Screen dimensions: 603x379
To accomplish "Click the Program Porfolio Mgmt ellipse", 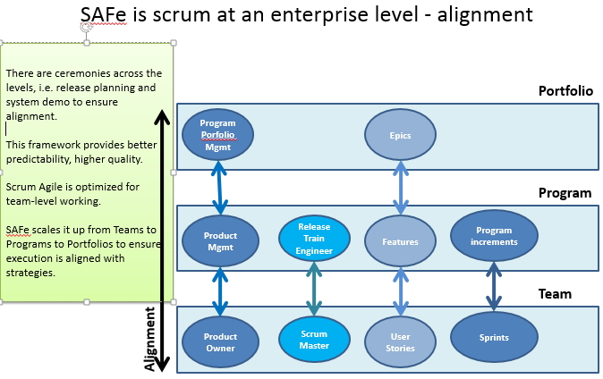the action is (217, 135).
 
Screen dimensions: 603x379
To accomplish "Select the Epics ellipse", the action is (400, 135).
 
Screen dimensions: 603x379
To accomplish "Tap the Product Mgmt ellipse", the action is (220, 241).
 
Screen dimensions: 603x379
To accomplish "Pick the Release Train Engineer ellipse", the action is (314, 238).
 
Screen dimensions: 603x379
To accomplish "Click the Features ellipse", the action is (400, 241).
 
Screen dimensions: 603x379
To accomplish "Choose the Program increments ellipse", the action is (494, 236).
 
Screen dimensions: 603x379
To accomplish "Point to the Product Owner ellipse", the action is (220, 341).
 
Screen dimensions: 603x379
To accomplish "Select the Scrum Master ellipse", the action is (314, 340).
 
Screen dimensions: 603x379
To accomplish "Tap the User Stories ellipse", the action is (400, 341).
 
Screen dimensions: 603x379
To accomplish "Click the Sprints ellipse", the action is (494, 337).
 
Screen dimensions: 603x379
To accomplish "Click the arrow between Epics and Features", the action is (401, 188).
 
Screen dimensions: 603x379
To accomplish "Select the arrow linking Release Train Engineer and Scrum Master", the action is (314, 289).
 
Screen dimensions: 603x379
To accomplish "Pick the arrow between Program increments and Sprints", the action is (494, 286).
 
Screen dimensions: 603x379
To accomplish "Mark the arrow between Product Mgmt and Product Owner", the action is (220, 291).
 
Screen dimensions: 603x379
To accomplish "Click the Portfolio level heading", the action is (565, 91).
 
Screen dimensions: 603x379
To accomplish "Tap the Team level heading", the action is (555, 294).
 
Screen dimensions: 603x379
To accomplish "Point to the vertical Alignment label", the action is (150, 339).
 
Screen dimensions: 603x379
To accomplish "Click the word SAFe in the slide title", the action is (103, 14).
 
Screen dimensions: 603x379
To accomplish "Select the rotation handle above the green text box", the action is (87, 27).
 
